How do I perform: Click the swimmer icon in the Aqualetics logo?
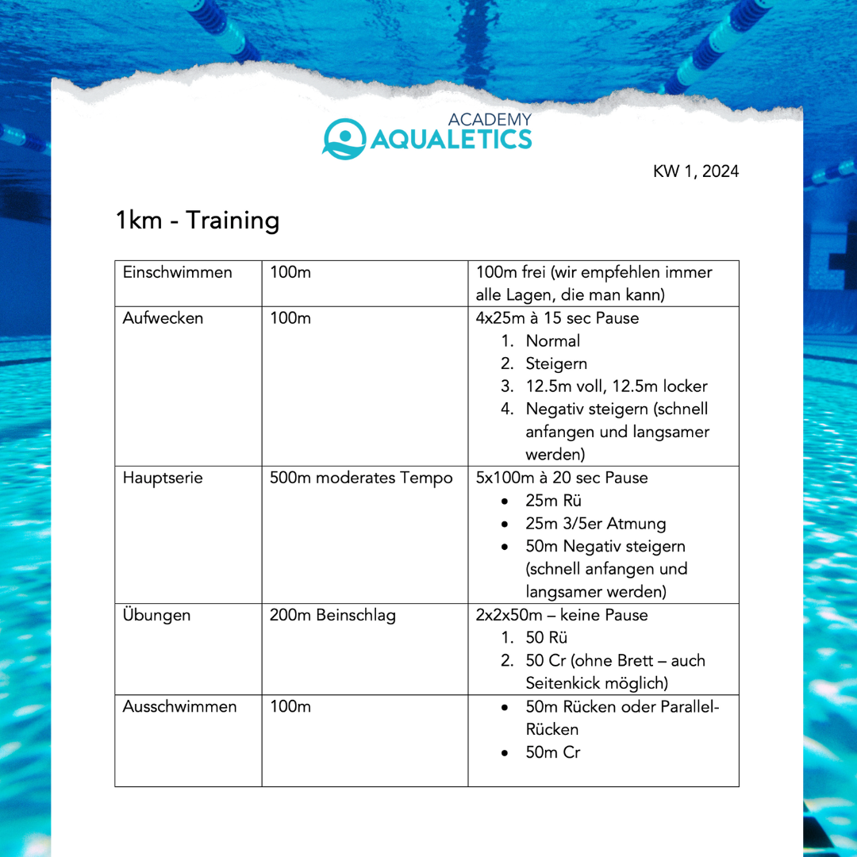(x=344, y=138)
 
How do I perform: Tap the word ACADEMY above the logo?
(x=490, y=120)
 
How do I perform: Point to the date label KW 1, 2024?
(x=696, y=171)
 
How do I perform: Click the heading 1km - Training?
(x=198, y=220)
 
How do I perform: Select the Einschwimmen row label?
(x=177, y=272)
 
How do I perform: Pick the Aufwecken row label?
(x=163, y=318)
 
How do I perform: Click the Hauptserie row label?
(x=163, y=478)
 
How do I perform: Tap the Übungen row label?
(x=156, y=615)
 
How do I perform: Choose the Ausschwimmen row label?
(x=179, y=706)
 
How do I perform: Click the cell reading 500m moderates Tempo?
(x=361, y=478)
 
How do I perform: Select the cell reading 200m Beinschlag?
(x=332, y=615)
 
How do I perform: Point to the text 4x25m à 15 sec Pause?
(x=557, y=318)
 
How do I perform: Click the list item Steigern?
(x=556, y=363)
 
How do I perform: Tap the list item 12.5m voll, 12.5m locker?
(x=616, y=386)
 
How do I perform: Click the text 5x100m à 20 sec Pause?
(x=562, y=478)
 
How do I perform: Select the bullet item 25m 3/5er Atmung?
(x=595, y=524)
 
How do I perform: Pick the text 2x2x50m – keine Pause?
(x=562, y=615)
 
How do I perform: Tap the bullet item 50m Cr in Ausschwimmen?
(x=552, y=752)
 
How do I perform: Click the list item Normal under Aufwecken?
(x=552, y=341)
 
